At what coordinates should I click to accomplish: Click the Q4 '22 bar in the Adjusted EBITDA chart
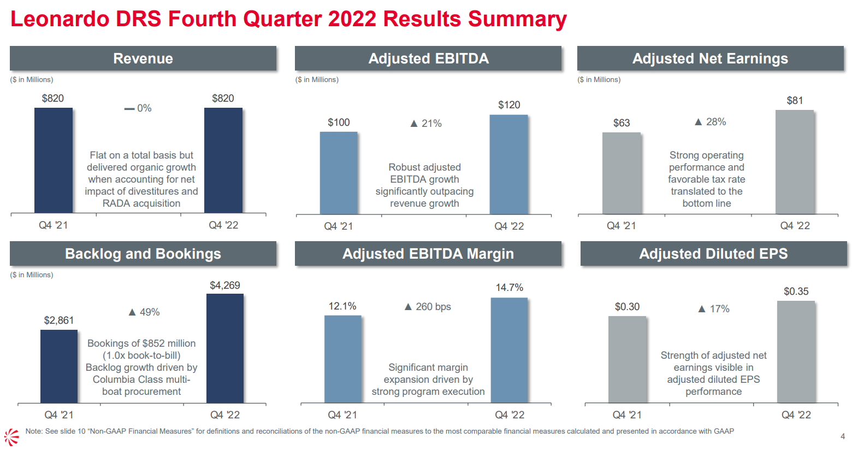click(508, 164)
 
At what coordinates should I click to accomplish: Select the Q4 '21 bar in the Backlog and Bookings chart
click(59, 366)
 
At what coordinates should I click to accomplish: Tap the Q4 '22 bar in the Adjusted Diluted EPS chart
click(796, 352)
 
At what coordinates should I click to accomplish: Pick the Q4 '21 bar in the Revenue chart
click(54, 160)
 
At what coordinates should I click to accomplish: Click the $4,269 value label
click(225, 285)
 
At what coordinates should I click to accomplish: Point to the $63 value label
click(622, 123)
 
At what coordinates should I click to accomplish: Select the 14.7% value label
click(509, 288)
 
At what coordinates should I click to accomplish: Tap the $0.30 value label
click(627, 307)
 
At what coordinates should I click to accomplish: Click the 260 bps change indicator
click(428, 307)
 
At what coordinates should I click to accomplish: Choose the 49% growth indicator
click(144, 312)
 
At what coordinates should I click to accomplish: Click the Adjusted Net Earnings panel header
click(710, 59)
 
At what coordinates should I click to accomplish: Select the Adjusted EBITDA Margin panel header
click(428, 254)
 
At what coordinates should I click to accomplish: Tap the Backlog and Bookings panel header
click(143, 254)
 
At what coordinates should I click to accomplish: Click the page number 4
click(842, 436)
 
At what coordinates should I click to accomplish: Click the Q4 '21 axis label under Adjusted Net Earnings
click(621, 226)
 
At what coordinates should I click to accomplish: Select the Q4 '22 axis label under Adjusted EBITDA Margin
click(509, 415)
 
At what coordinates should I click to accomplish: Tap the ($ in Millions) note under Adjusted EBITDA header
click(317, 80)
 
